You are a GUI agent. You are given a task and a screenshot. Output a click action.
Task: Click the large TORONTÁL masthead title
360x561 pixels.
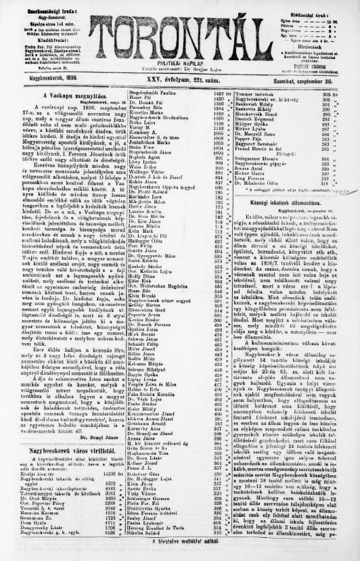click(179, 28)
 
